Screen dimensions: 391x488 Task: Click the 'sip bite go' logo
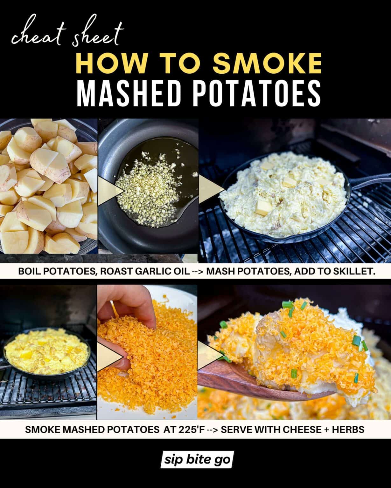pyautogui.click(x=197, y=460)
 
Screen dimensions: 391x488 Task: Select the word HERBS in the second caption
pyautogui.click(x=348, y=429)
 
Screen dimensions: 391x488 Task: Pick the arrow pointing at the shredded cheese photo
pyautogui.click(x=110, y=357)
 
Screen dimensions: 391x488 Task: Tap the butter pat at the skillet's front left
pyautogui.click(x=263, y=207)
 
